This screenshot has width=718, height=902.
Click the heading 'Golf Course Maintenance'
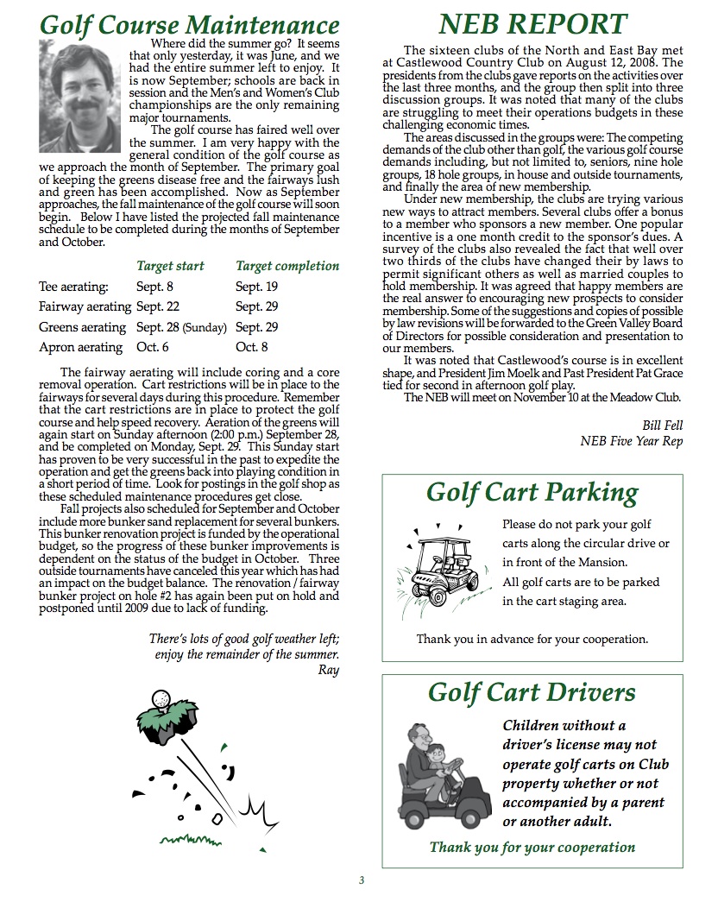pyautogui.click(x=189, y=24)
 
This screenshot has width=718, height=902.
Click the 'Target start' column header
pyautogui.click(x=170, y=266)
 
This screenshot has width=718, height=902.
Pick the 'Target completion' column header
pyautogui.click(x=287, y=266)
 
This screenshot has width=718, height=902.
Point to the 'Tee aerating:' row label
pyautogui.click(x=74, y=287)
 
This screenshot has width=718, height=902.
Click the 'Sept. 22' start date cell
pyautogui.click(x=156, y=306)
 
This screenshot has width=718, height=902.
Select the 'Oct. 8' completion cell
pyautogui.click(x=252, y=347)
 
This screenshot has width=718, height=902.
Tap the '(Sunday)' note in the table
pyautogui.click(x=204, y=328)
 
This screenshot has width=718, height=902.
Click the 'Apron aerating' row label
pyautogui.click(x=81, y=347)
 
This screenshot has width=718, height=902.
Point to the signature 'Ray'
pyautogui.click(x=329, y=669)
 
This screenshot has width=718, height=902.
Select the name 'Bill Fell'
pyautogui.click(x=662, y=425)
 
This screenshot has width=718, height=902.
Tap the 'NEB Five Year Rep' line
pyautogui.click(x=631, y=442)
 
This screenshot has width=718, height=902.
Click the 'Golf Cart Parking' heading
pyautogui.click(x=532, y=493)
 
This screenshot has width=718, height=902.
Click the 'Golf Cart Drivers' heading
pyautogui.click(x=532, y=692)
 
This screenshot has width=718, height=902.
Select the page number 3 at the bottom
pyautogui.click(x=362, y=880)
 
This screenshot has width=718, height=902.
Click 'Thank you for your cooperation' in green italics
pyautogui.click(x=532, y=847)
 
